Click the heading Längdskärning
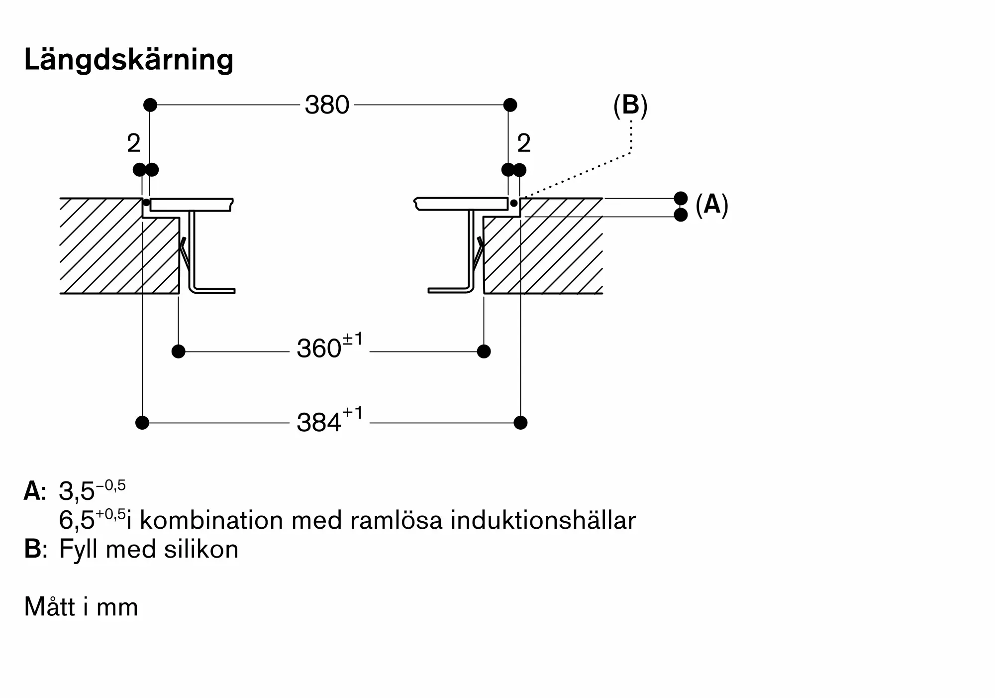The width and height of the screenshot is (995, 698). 129,60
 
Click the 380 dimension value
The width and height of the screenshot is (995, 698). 327,105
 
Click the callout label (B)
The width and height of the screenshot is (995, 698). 630,106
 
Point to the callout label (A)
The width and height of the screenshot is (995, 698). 712,205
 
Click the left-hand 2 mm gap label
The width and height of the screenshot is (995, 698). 133,144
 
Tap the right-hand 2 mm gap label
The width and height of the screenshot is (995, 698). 524,144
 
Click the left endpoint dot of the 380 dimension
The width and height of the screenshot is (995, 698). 150,105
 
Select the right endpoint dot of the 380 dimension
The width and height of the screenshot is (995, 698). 510,105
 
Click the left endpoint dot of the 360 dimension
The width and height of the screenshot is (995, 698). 178,351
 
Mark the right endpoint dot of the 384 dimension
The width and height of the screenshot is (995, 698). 520,423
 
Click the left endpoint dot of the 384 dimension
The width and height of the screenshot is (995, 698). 142,423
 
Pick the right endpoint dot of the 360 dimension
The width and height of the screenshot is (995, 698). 484,351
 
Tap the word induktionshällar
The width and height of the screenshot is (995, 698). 543,521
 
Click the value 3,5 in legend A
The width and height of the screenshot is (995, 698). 77,491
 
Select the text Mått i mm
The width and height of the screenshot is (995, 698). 81,607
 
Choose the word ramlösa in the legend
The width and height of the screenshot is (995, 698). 396,521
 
